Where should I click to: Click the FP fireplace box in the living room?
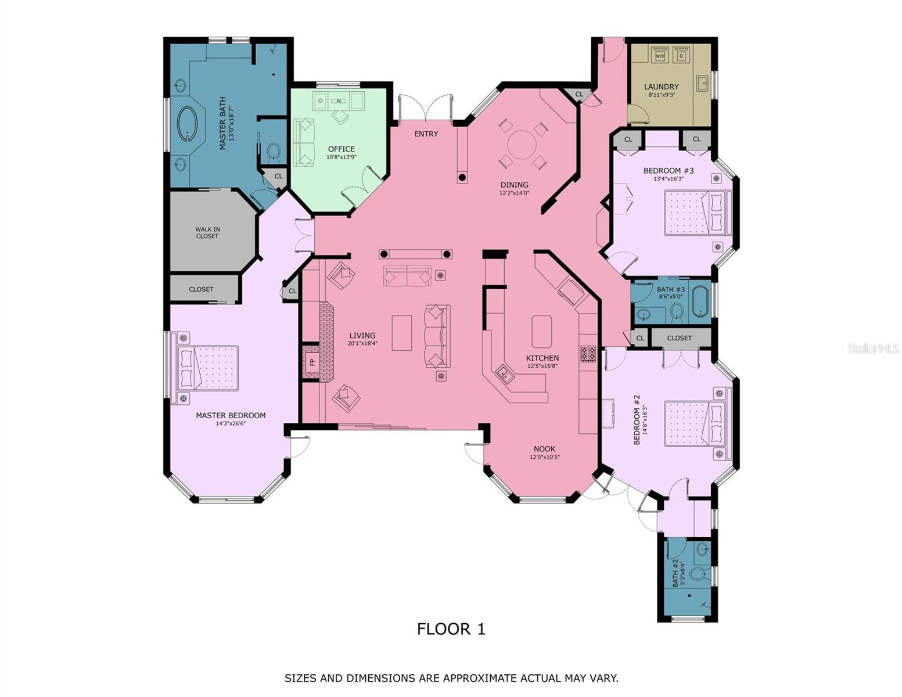click(x=312, y=362)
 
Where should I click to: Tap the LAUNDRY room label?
click(x=661, y=87)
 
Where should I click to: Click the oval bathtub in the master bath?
click(x=188, y=124)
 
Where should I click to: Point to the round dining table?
click(x=522, y=144)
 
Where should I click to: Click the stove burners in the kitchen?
click(x=588, y=354)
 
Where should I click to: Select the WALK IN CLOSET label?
click(x=207, y=232)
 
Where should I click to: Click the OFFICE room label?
click(x=341, y=149)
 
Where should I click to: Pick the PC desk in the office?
click(x=339, y=100)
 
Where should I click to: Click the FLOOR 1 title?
click(x=451, y=628)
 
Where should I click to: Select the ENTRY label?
click(x=426, y=134)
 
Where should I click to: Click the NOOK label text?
click(x=544, y=448)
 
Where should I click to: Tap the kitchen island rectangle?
click(x=541, y=332)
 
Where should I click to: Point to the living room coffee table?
click(x=401, y=333)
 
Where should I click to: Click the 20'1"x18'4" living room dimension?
click(x=362, y=343)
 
